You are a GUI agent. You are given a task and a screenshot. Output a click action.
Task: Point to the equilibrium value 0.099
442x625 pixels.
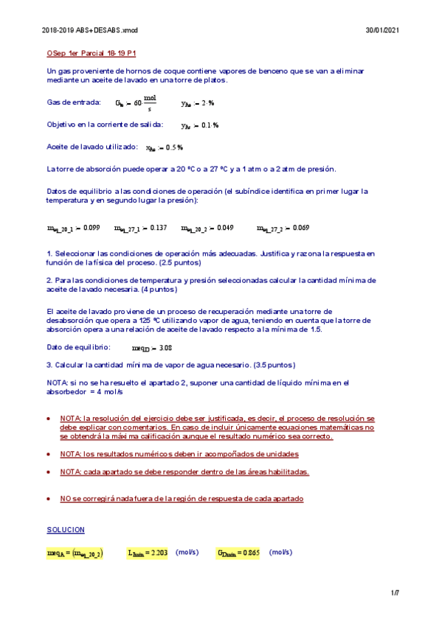[91, 228]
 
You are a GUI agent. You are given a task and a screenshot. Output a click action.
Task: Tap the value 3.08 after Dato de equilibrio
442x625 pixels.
[165, 348]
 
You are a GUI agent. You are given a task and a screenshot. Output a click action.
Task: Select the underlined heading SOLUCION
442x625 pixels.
[66, 530]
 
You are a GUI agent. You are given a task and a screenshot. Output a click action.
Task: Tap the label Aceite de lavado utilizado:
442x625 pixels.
[91, 147]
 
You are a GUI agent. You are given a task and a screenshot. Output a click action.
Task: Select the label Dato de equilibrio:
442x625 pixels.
[78, 347]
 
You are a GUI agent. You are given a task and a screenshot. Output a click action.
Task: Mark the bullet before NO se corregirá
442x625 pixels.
[49, 499]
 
